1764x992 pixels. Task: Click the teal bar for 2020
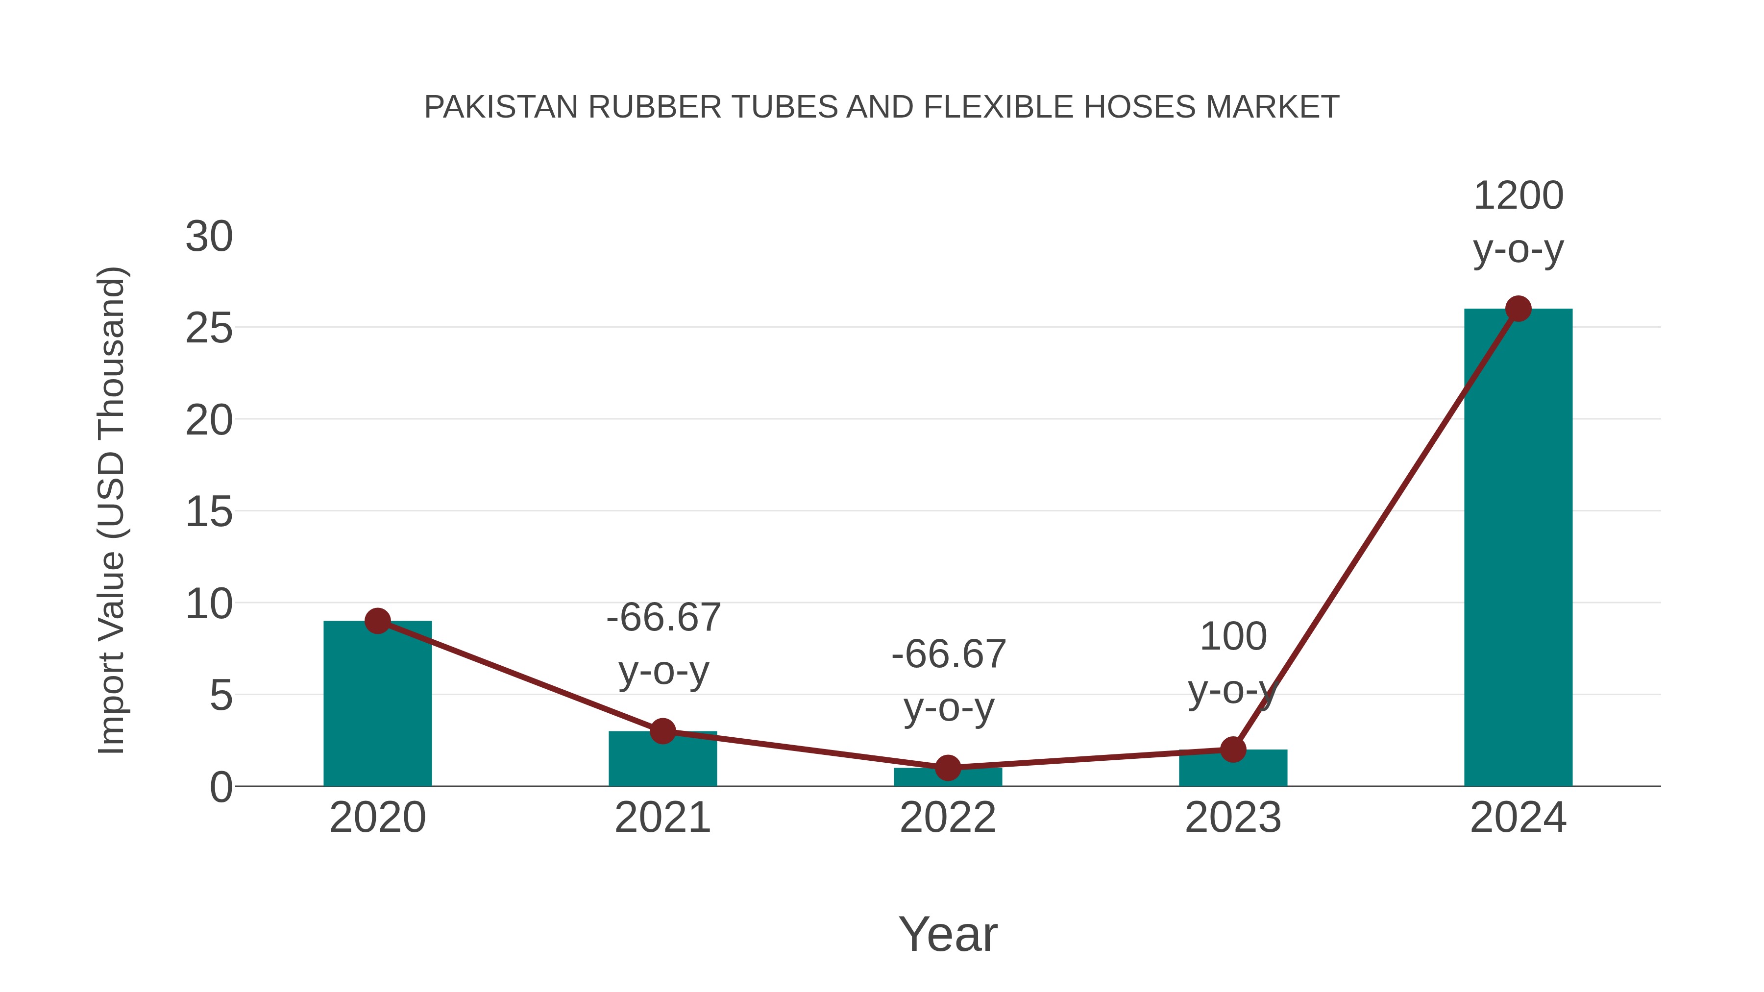[377, 705]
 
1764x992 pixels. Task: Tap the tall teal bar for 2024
[1518, 548]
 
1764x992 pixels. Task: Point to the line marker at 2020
[377, 621]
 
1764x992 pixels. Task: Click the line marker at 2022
[948, 768]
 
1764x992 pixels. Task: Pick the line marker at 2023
[1233, 749]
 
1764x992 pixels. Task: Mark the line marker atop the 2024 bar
[1518, 309]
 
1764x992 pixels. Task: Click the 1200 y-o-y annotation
[1518, 222]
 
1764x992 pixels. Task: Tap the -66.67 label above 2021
[663, 618]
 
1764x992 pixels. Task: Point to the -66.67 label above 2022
[949, 654]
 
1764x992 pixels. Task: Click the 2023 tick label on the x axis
[1233, 818]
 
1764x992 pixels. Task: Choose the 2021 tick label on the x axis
[662, 818]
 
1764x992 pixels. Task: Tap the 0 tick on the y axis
[221, 787]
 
